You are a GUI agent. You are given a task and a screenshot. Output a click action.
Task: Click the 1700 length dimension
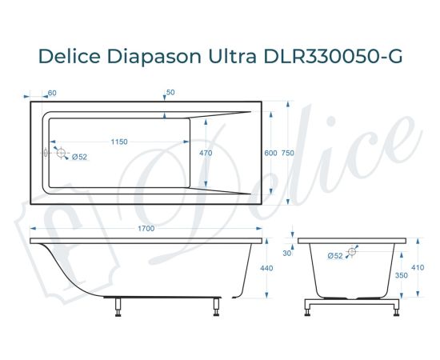145,229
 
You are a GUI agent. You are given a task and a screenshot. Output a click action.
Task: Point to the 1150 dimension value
118,142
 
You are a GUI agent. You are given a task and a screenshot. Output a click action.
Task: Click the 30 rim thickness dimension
286,253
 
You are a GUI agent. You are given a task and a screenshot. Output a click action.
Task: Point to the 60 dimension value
52,93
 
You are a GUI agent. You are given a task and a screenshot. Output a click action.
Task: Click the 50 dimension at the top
170,93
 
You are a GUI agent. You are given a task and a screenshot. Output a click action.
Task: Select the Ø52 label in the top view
79,157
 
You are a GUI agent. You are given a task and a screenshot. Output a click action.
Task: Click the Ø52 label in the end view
335,255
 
